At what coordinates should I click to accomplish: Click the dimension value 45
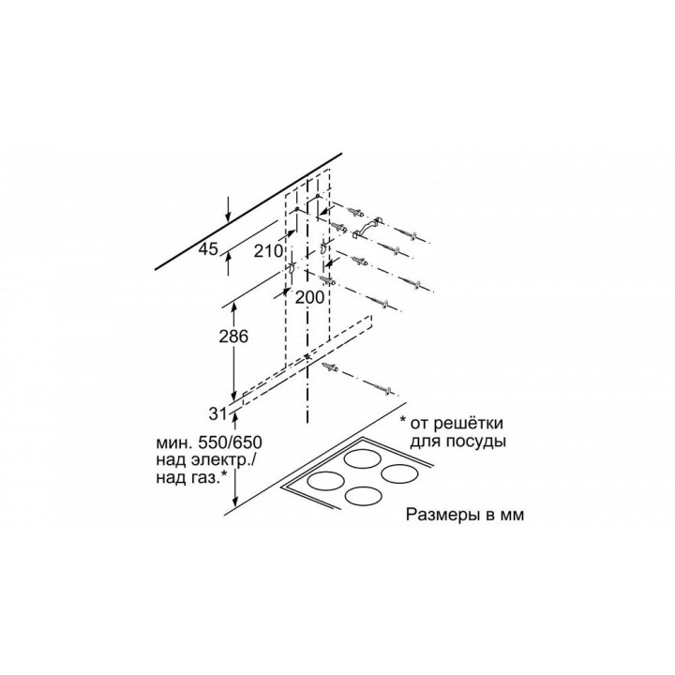click(x=208, y=248)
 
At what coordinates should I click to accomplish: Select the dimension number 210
click(x=268, y=250)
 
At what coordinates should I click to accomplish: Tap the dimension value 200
click(x=309, y=296)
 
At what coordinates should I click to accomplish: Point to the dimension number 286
click(x=233, y=337)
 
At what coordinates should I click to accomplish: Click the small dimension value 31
click(x=217, y=414)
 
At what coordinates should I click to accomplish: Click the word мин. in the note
click(x=173, y=442)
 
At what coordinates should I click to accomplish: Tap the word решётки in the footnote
click(x=468, y=423)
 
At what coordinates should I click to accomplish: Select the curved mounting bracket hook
click(x=367, y=228)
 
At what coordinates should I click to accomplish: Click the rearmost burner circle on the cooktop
click(x=366, y=458)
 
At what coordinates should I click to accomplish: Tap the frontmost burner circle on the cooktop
click(x=365, y=497)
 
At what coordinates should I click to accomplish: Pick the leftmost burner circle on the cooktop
click(x=326, y=480)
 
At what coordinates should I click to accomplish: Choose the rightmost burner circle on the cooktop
click(x=400, y=474)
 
